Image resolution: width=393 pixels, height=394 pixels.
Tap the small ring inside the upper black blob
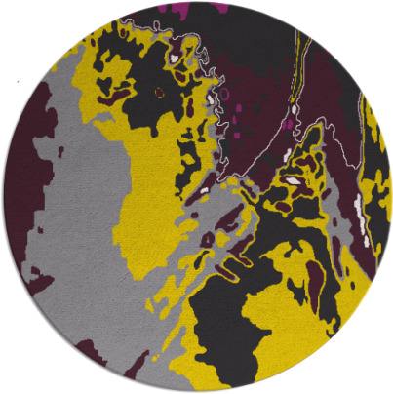point(159,93)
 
